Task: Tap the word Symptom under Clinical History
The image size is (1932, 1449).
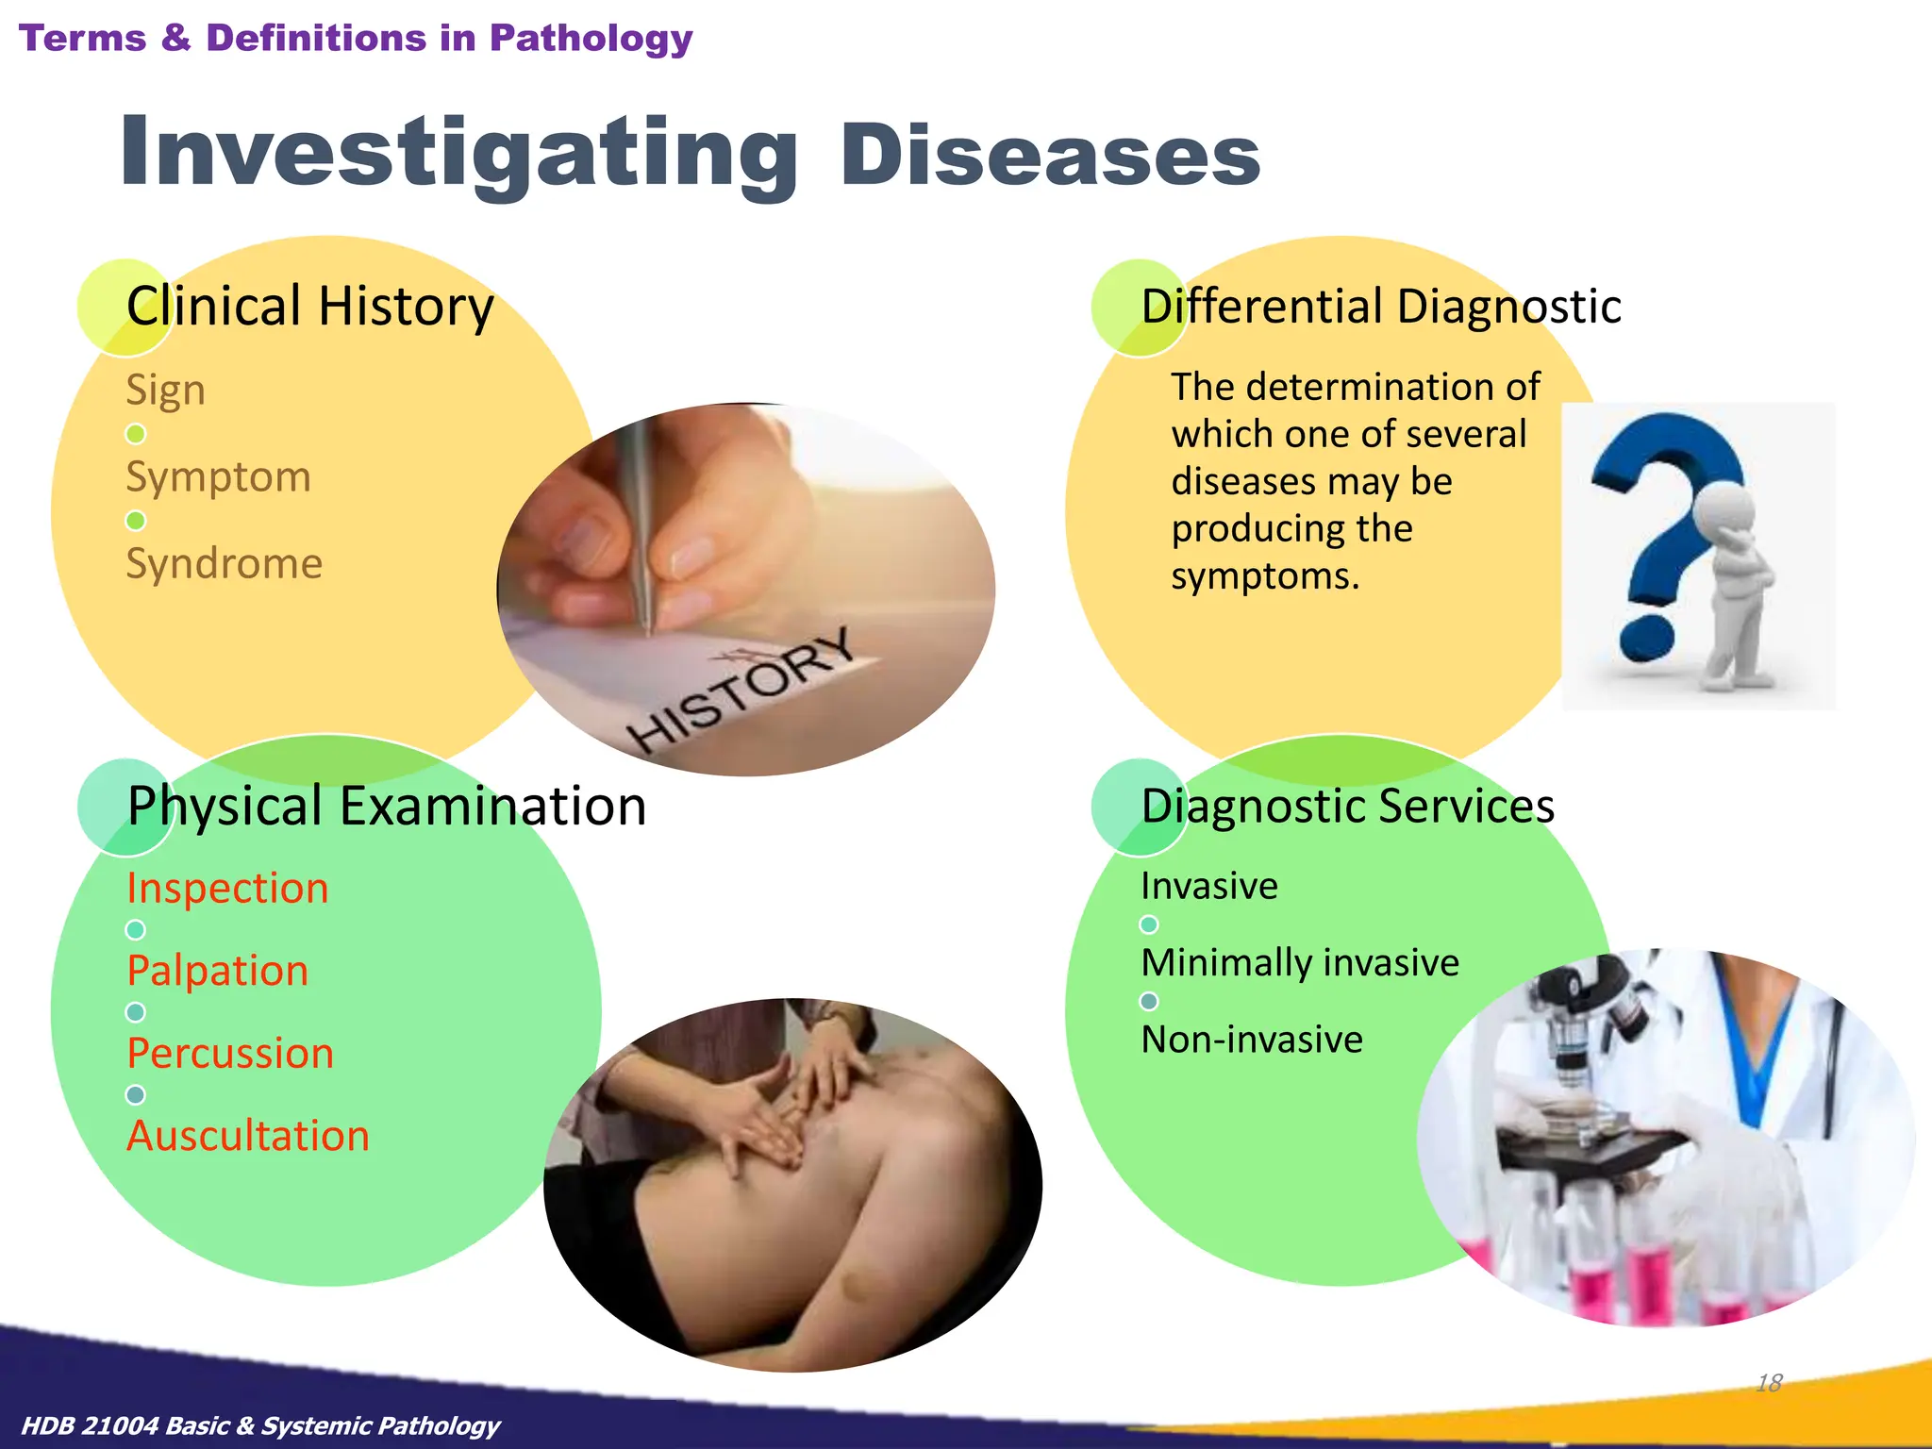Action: (218, 476)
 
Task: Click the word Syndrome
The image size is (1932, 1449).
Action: (225, 563)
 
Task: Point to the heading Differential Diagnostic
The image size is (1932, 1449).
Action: (1380, 307)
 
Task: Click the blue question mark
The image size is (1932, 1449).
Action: (1665, 509)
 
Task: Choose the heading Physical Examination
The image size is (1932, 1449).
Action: (387, 807)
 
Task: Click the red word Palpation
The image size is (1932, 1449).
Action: (218, 971)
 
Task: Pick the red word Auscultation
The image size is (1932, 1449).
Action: (248, 1136)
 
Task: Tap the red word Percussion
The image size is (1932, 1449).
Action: (230, 1053)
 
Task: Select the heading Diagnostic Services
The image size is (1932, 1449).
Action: (1347, 807)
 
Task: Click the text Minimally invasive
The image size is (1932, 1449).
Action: (1300, 963)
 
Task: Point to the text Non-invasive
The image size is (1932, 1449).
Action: (1252, 1040)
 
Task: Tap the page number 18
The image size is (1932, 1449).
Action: (1769, 1383)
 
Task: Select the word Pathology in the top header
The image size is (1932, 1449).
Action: (591, 38)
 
